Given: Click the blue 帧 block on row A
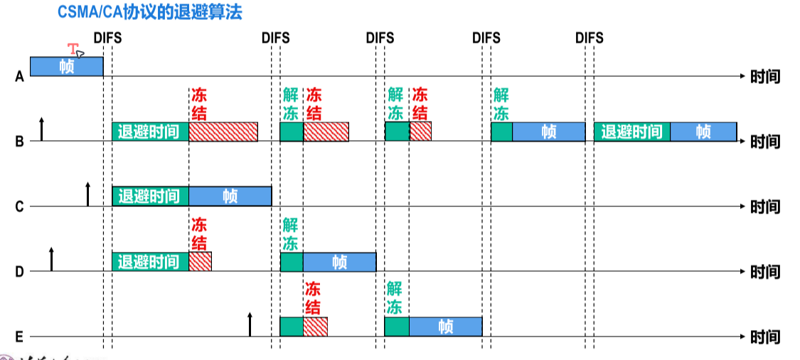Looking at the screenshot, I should pyautogui.click(x=66, y=67).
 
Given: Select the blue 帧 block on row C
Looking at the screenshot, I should pyautogui.click(x=230, y=196).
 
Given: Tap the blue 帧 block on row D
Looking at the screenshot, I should pyautogui.click(x=339, y=262).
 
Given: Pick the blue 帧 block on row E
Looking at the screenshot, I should pyautogui.click(x=445, y=327).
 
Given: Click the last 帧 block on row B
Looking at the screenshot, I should pyautogui.click(x=703, y=132).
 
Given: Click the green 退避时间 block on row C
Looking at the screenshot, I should pyautogui.click(x=150, y=196).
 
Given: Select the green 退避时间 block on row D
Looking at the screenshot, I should pyautogui.click(x=150, y=262).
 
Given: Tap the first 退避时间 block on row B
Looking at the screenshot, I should pyautogui.click(x=150, y=132).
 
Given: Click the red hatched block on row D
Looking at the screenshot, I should pyautogui.click(x=200, y=262).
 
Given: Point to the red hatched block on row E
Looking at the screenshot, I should pyautogui.click(x=315, y=327).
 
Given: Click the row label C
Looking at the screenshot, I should pyautogui.click(x=19, y=207).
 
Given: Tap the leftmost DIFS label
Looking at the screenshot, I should pyautogui.click(x=107, y=38).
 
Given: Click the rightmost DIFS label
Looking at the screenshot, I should pyautogui.click(x=589, y=38).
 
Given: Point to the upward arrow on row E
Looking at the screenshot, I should pyautogui.click(x=250, y=324).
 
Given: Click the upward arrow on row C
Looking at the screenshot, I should pyautogui.click(x=88, y=194).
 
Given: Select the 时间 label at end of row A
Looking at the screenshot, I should pyautogui.click(x=765, y=76).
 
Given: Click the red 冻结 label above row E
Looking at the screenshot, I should pyautogui.click(x=313, y=298).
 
